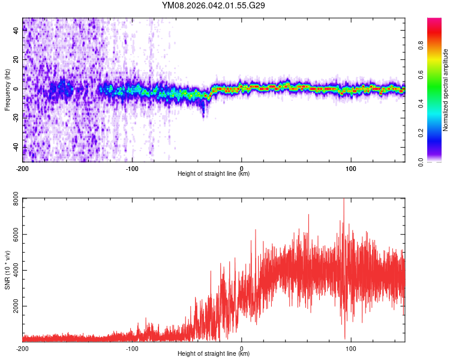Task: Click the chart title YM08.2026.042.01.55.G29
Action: (x=214, y=5)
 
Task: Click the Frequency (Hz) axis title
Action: (x=7, y=89)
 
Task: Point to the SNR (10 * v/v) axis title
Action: (x=7, y=269)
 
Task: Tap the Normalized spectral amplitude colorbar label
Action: (x=446, y=89)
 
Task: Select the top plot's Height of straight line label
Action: (x=214, y=173)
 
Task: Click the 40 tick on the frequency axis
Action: (x=16, y=31)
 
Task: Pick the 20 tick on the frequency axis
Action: (x=16, y=60)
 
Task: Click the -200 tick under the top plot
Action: (x=23, y=167)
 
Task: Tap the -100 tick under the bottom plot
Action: (x=132, y=347)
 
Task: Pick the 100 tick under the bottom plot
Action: (x=351, y=347)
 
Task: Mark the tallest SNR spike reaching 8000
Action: (x=344, y=200)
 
